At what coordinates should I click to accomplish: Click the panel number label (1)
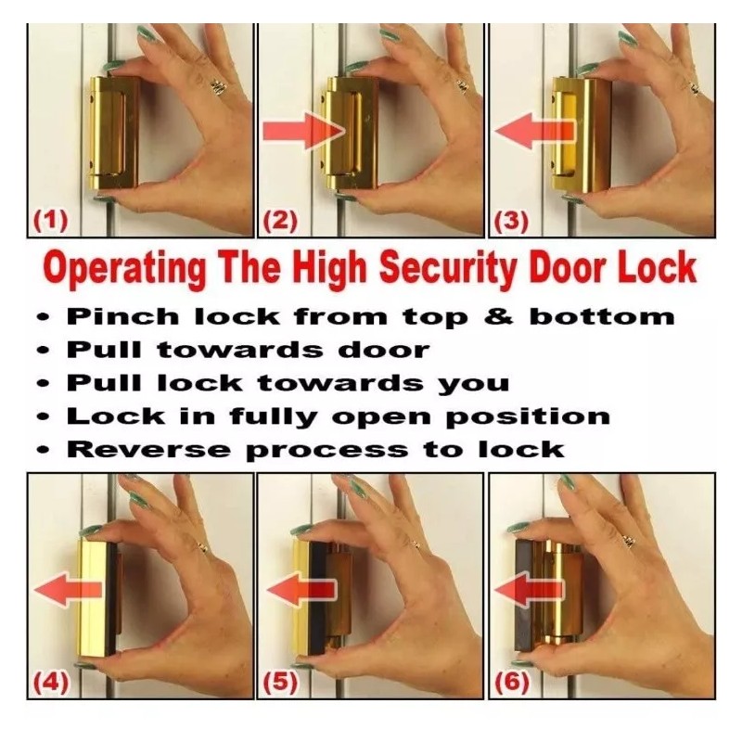point(51,222)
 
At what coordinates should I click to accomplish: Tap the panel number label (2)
point(281,222)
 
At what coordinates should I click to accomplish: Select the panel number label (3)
point(512,222)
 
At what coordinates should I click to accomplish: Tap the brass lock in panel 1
point(114,133)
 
